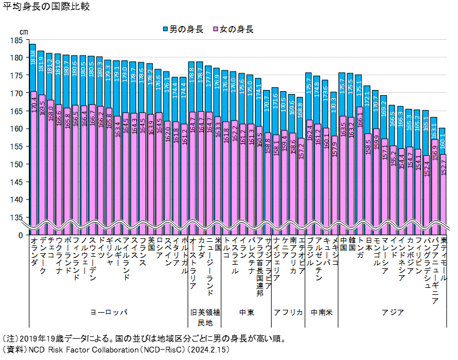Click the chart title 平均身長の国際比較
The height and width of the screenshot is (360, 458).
tap(46, 7)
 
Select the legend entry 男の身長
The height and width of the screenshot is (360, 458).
tap(183, 29)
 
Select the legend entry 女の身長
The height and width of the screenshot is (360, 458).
tap(233, 29)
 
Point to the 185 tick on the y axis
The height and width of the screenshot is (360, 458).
tap(16, 40)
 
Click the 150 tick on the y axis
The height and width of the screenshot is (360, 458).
tap(16, 164)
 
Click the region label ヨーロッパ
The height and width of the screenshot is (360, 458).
tap(108, 312)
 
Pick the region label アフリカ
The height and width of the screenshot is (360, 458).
tap(288, 312)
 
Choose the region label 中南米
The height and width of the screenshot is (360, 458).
tap(321, 312)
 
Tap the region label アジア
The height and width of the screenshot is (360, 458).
tap(392, 312)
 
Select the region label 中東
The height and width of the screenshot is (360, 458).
tap(246, 312)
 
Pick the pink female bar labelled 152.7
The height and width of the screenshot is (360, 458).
tap(443, 190)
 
